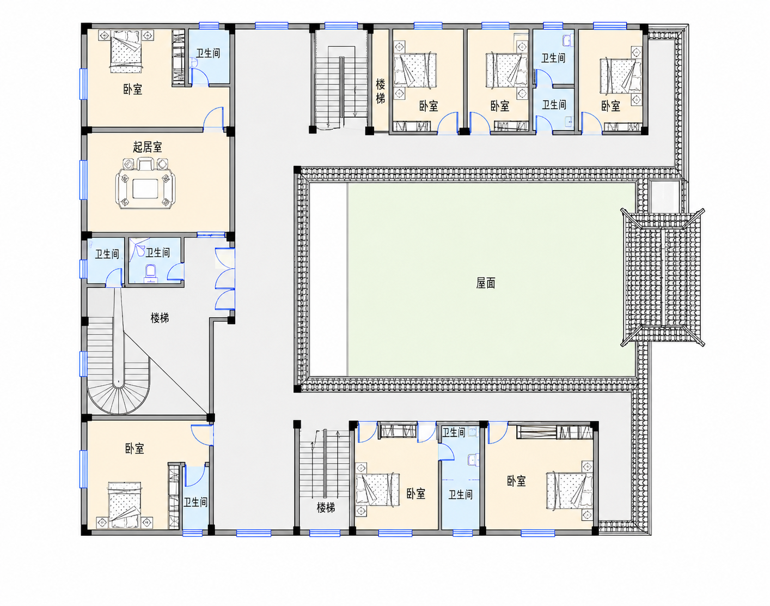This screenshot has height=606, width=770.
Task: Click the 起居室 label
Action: (x=148, y=147)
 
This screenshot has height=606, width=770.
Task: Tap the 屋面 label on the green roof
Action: (x=486, y=283)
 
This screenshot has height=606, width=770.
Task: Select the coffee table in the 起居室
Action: (x=145, y=189)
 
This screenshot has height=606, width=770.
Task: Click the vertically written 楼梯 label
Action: (x=380, y=92)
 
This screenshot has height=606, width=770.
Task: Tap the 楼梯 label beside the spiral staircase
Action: (x=160, y=318)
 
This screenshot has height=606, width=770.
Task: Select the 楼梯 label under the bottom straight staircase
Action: (x=326, y=507)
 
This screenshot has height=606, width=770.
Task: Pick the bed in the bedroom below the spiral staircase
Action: (x=125, y=505)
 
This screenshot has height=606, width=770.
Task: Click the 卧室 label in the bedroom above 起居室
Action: (x=133, y=89)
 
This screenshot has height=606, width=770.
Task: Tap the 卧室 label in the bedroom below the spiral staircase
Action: (x=135, y=449)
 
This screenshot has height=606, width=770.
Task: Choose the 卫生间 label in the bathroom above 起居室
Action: (x=208, y=53)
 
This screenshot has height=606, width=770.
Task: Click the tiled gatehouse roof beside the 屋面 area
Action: (x=662, y=277)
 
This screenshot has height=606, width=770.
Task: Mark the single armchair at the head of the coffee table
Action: (x=145, y=165)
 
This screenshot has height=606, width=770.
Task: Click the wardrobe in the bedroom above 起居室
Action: (x=178, y=57)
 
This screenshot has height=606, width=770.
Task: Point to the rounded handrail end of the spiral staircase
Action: (x=118, y=383)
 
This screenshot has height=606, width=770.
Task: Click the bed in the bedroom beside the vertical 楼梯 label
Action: (x=415, y=70)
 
